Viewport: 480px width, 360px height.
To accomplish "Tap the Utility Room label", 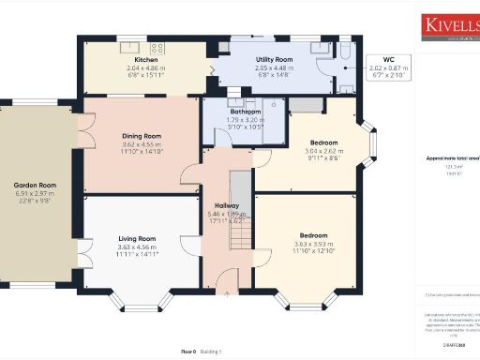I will (x=277, y=60).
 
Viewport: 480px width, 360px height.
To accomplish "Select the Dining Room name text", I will (x=142, y=136).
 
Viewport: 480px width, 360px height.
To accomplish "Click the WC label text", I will (x=388, y=59).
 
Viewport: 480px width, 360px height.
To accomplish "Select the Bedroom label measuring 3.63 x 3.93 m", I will (x=313, y=234).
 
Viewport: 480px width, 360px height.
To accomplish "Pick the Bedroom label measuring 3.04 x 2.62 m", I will (x=322, y=143).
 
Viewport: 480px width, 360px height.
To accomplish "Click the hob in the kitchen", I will (x=157, y=47).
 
